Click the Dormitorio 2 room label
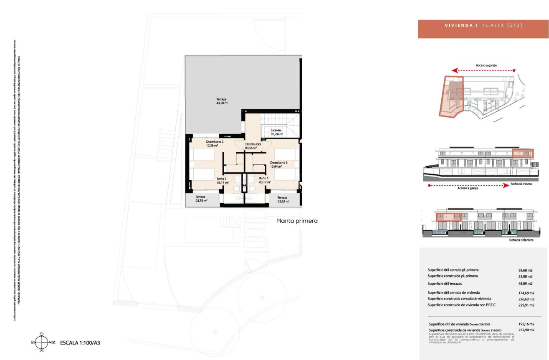[215, 142]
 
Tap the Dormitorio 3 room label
[279, 162]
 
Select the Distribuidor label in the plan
[253, 144]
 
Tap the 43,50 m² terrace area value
[222, 103]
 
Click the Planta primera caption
[297, 221]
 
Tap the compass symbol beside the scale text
[42, 342]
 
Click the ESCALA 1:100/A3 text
[81, 343]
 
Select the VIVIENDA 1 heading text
[461, 25]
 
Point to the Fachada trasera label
[521, 184]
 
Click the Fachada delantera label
[521, 240]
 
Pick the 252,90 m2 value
[526, 330]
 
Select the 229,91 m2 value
[526, 305]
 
